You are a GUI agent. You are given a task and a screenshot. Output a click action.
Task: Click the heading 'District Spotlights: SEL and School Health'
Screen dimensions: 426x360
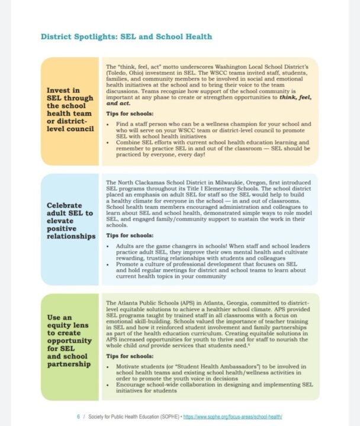click(x=126, y=37)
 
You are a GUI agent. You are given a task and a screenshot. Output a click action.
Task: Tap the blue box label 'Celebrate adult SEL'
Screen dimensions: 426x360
click(x=70, y=221)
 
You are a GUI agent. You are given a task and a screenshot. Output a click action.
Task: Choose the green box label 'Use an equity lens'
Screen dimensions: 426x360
click(x=70, y=341)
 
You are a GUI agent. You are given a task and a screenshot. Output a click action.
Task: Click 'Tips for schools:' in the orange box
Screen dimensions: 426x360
click(x=128, y=113)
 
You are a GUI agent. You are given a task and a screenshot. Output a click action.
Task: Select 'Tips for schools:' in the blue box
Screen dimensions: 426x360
click(x=128, y=234)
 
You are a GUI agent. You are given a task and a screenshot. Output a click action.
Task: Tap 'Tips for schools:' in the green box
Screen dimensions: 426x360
click(x=128, y=357)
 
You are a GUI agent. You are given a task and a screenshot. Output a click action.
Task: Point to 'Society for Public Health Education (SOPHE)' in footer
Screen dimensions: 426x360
click(x=133, y=417)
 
